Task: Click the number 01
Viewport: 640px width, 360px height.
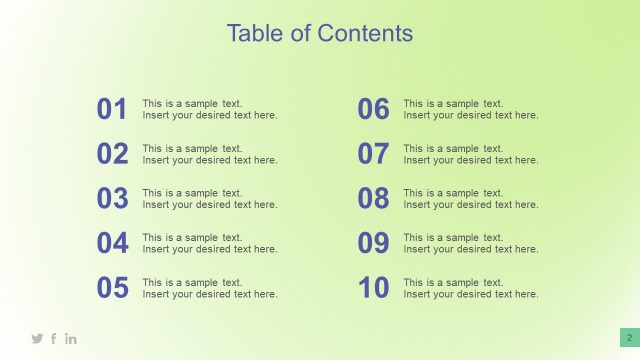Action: pos(112,109)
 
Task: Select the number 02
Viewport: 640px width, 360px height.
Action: pos(112,154)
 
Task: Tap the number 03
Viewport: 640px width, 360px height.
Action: pos(112,199)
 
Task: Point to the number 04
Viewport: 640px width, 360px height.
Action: pos(112,243)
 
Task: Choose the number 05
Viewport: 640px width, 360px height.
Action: pos(112,288)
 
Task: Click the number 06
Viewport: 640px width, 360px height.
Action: pos(373,109)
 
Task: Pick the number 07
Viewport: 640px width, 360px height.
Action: pos(373,154)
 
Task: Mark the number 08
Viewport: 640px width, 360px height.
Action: pos(373,199)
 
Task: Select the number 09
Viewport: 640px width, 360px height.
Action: pos(373,243)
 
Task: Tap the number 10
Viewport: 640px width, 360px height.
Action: pos(373,288)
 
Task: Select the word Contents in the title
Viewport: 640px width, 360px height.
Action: pos(365,33)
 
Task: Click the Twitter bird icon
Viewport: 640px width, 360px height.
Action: pos(37,339)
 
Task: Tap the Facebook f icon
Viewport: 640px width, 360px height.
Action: pos(54,339)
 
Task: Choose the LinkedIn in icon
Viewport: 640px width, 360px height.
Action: pos(71,339)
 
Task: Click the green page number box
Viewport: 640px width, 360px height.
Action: pos(629,338)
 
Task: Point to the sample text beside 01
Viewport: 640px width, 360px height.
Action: pos(210,109)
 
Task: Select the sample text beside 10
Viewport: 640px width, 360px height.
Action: pos(471,288)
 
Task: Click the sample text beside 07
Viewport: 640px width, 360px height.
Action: pos(471,154)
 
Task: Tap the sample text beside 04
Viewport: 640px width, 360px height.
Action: pos(210,243)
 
